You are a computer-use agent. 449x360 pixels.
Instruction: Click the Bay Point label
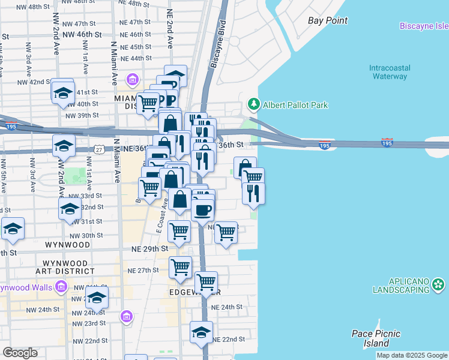click(328, 21)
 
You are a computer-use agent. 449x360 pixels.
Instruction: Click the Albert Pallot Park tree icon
click(254, 105)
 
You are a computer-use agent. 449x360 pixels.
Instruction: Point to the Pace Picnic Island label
click(376, 338)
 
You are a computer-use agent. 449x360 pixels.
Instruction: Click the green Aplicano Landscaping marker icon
click(439, 284)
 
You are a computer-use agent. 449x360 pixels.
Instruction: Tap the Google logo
click(20, 353)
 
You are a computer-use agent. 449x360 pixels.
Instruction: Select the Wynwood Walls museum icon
click(61, 288)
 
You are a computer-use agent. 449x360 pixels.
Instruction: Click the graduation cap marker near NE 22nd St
click(202, 332)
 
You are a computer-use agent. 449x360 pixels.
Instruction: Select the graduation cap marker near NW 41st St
click(62, 92)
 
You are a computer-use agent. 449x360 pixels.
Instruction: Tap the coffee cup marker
click(203, 210)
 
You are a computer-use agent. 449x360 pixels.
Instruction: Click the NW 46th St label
click(85, 35)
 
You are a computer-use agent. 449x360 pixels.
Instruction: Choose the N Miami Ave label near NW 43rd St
click(113, 63)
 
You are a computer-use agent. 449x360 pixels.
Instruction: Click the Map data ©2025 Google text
click(412, 356)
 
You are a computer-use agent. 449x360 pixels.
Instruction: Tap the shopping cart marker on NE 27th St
click(180, 267)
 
